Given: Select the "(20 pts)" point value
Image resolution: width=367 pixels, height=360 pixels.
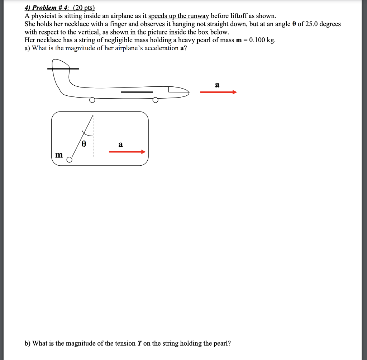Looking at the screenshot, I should [82, 8].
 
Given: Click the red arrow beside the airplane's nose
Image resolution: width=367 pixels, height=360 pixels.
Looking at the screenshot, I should [218, 93].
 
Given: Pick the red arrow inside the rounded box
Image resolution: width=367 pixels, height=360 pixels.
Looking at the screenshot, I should [127, 152].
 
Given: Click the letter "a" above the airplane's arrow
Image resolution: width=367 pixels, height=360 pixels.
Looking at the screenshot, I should [217, 85].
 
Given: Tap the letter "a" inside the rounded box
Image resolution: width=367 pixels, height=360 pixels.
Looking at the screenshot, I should [120, 145].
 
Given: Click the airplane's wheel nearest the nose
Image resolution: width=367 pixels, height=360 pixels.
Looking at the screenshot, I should [155, 100].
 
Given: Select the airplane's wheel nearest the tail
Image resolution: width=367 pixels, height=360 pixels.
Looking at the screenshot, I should [92, 100].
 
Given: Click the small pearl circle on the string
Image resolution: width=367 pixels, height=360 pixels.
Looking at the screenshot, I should [70, 160].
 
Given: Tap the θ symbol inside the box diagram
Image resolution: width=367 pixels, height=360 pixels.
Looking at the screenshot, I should [84, 144].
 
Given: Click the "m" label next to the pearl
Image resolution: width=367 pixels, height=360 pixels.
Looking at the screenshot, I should [59, 155].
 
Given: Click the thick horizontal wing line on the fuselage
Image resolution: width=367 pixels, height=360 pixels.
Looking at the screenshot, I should [137, 92].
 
